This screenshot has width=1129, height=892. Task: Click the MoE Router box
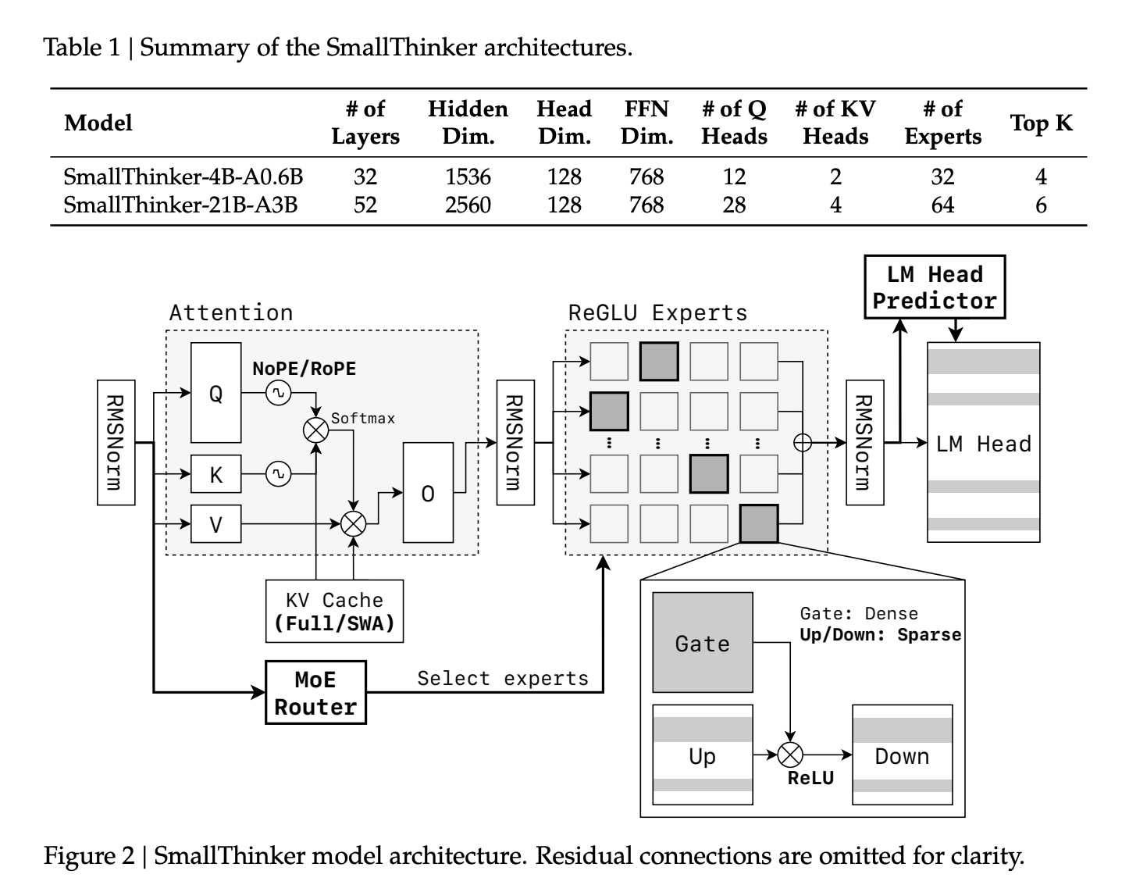point(315,693)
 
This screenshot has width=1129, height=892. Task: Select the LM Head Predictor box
point(935,287)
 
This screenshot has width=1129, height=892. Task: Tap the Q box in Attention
point(216,393)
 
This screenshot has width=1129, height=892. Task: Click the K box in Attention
point(216,474)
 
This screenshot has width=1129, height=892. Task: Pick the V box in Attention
point(216,524)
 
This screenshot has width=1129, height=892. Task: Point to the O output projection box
point(428,493)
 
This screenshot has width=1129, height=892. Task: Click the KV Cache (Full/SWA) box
point(334,612)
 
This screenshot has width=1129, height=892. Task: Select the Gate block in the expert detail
point(703,643)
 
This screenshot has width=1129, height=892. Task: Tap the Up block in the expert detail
point(703,755)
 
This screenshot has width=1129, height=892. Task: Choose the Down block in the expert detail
point(902,755)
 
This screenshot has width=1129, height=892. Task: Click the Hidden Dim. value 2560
point(468,205)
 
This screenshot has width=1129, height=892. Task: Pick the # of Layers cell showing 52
point(365,205)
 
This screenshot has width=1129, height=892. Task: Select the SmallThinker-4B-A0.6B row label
point(183,177)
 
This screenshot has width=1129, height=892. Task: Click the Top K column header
point(1041,123)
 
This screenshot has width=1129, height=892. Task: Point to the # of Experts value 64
point(942,205)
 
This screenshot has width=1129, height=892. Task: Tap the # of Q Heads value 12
point(734,177)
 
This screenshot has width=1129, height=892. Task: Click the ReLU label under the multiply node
point(810,778)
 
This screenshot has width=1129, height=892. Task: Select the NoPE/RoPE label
point(304,368)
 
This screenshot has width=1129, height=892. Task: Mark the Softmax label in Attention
point(363,419)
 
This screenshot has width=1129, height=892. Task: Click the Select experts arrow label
point(503,678)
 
